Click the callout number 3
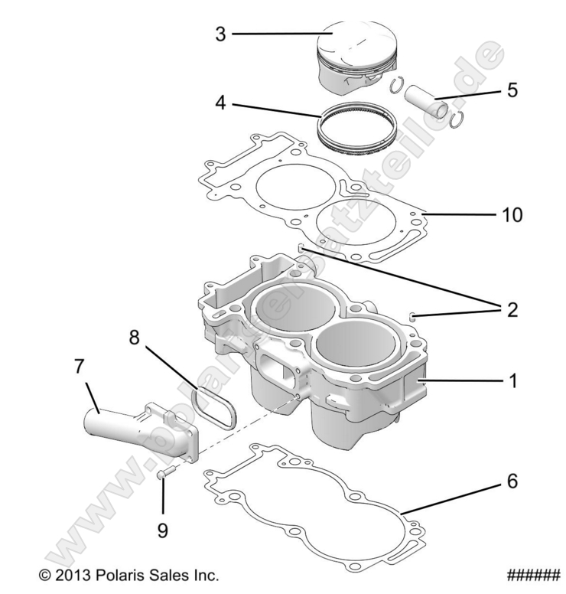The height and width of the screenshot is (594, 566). [220, 34]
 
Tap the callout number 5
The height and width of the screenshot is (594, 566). [512, 90]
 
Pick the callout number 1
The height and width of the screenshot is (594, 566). [512, 380]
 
